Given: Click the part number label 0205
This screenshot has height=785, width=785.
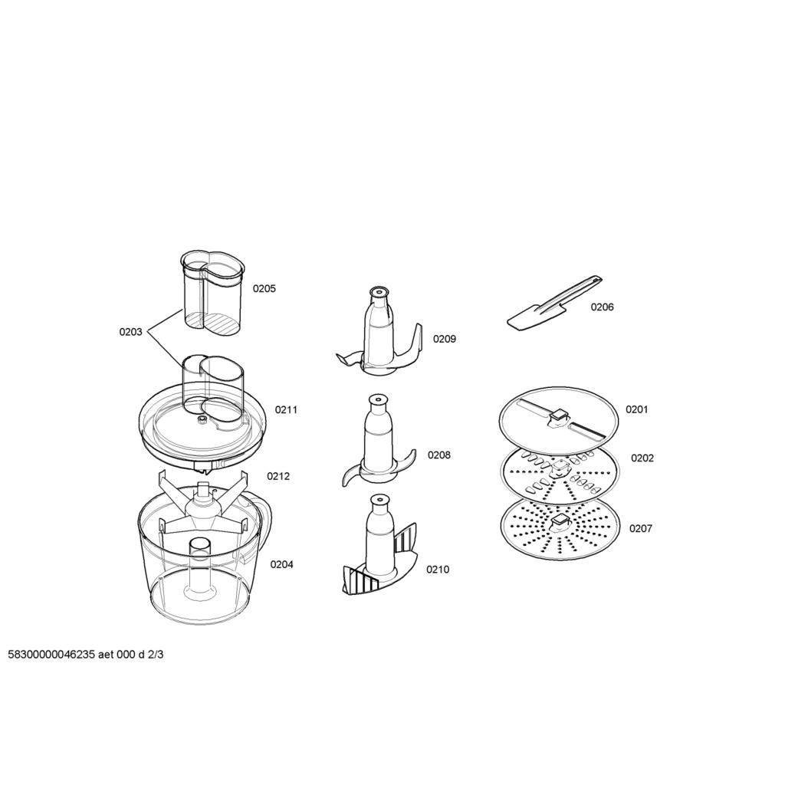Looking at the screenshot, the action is (x=264, y=288).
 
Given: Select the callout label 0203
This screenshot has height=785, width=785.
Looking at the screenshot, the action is (x=130, y=331).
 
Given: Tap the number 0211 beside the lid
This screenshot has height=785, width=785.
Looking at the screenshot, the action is (x=286, y=409).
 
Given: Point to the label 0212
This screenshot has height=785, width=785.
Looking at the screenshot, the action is (x=278, y=476).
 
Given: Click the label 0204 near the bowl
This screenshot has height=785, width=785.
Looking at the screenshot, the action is (x=282, y=564).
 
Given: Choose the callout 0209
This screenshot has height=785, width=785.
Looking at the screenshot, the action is (x=445, y=339).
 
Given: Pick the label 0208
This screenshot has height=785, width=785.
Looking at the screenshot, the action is (x=439, y=455).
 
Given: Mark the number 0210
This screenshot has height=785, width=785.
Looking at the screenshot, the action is (x=438, y=570).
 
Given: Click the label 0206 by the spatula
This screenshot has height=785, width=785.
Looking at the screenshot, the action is (x=603, y=307).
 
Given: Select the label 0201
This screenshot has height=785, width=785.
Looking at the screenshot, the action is (x=637, y=409).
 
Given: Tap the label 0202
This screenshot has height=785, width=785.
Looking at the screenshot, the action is (x=642, y=458).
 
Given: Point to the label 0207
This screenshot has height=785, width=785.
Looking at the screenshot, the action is (x=641, y=528).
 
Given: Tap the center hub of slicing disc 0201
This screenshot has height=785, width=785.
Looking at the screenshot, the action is (x=559, y=418).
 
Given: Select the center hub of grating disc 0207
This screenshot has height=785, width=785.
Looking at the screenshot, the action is (x=559, y=523).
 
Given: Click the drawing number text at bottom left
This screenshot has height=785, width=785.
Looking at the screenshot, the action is (x=86, y=655).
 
